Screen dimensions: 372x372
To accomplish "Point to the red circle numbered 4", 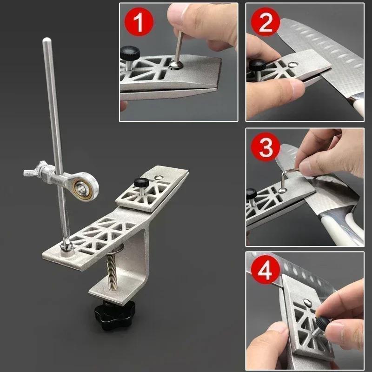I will click(x=265, y=272).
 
